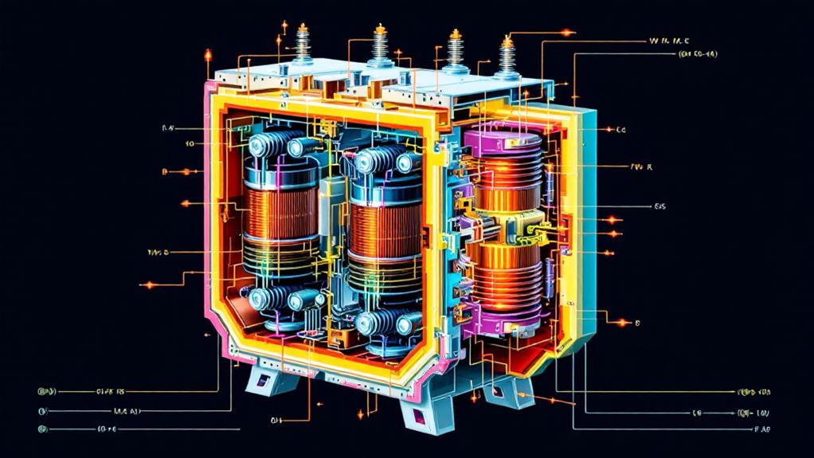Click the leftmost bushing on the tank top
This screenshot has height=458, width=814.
click(304, 48)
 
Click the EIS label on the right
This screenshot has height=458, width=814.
click(659, 206)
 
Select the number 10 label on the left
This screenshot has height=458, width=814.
click(190, 144)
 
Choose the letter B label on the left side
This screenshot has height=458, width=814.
click(164, 171)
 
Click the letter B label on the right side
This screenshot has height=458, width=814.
click(638, 323)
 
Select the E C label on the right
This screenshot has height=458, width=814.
click(621, 129)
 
